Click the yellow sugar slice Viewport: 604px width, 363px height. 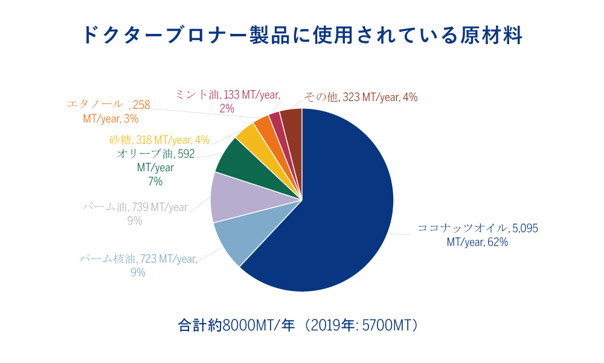pyautogui.click(x=249, y=137)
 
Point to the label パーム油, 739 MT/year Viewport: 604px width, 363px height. pyautogui.click(x=135, y=208)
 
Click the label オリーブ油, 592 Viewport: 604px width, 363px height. pyautogui.click(x=155, y=154)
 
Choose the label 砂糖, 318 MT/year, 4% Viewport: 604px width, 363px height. pyautogui.click(x=159, y=140)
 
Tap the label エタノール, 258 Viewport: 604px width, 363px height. pyautogui.click(x=108, y=105)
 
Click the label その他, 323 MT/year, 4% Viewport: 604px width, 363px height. pyautogui.click(x=361, y=97)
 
